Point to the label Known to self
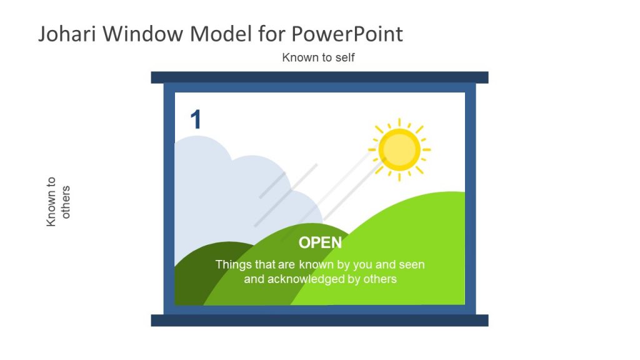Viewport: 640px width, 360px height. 319,57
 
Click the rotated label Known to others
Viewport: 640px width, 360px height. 59,201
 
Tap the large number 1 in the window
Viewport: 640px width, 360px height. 196,119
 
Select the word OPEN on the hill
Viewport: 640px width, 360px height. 320,242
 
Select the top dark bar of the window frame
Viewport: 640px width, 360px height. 319,77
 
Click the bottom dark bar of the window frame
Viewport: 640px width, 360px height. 319,320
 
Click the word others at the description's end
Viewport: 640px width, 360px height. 381,279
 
